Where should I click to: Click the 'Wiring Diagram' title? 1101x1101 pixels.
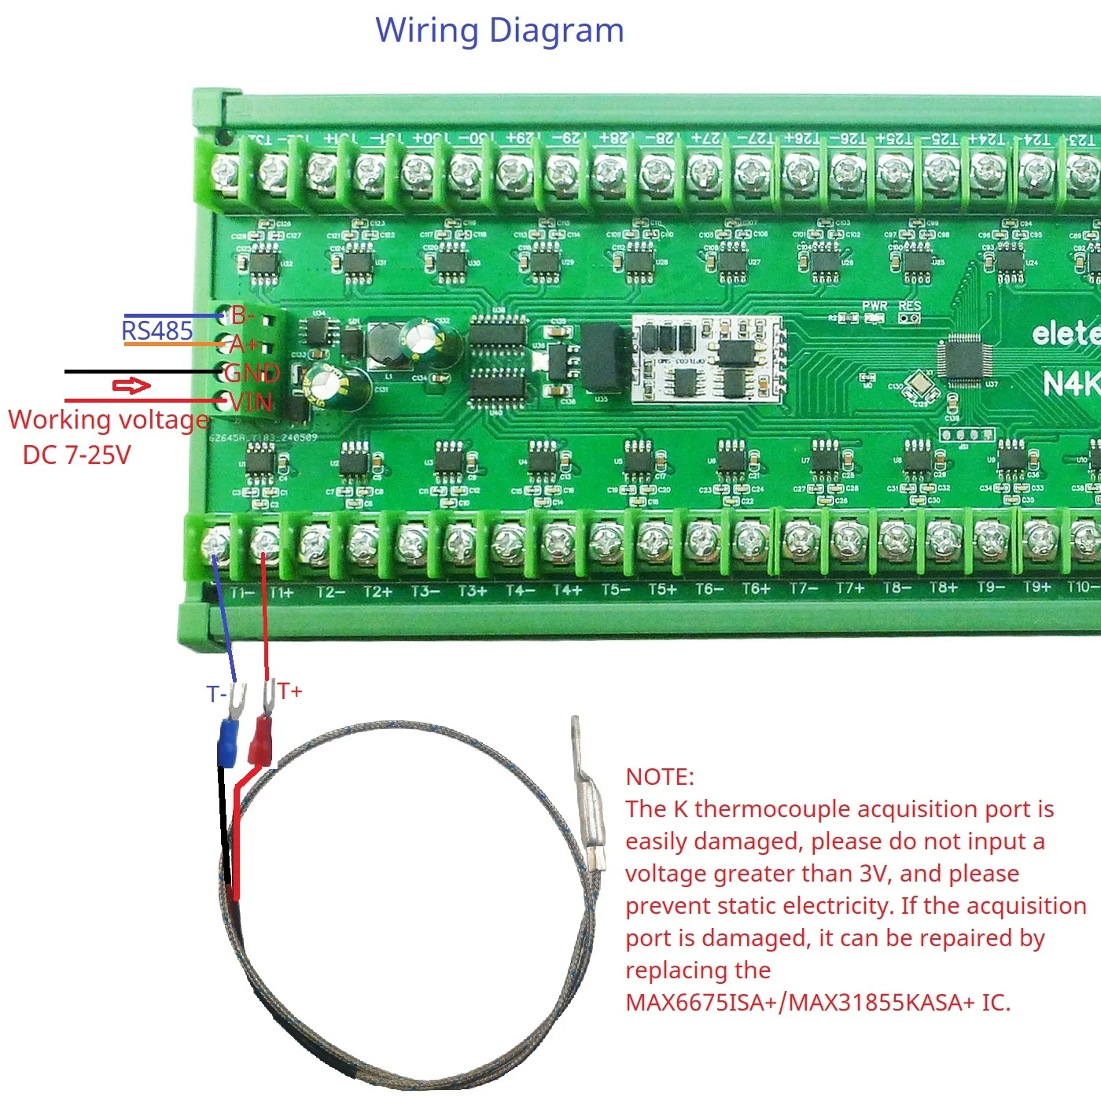(x=499, y=31)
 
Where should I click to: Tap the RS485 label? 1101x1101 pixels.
(x=157, y=330)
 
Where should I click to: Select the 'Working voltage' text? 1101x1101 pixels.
(x=109, y=419)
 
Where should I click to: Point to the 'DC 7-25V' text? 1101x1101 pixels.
(x=76, y=455)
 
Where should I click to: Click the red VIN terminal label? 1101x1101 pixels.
(x=251, y=403)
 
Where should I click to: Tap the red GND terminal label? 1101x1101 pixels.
(x=252, y=373)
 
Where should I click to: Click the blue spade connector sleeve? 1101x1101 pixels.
(x=226, y=743)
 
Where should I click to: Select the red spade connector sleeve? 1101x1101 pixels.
(x=260, y=743)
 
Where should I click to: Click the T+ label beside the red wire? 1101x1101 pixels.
(x=289, y=691)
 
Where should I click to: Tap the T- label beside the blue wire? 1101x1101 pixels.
(x=216, y=694)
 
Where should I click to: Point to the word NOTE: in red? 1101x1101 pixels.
(x=660, y=777)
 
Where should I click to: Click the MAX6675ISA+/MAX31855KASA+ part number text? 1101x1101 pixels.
(x=818, y=1003)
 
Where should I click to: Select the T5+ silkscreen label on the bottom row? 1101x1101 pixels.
(x=662, y=590)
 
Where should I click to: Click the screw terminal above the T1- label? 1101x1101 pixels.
(x=216, y=543)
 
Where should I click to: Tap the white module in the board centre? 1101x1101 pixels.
(x=709, y=359)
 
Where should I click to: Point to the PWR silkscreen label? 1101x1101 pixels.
(x=874, y=306)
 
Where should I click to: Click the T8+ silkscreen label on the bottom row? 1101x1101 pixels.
(x=944, y=588)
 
